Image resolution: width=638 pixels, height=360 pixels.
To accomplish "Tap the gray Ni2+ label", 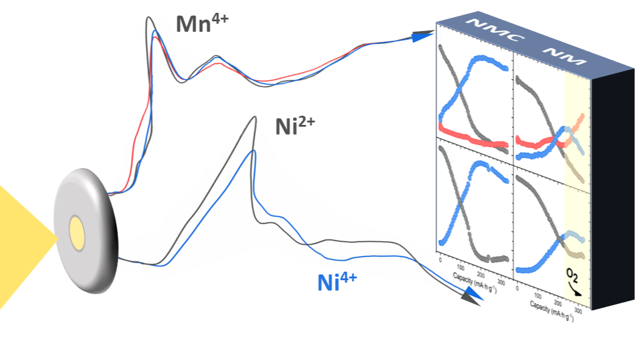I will (x=295, y=127).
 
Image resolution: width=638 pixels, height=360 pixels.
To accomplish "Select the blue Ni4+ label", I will (x=337, y=281).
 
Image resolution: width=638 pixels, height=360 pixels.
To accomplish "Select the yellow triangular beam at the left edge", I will (x=24, y=244).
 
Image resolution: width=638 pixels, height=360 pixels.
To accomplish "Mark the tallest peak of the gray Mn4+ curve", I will (x=148, y=18).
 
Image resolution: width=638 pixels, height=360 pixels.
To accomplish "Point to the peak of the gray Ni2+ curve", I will (x=254, y=118).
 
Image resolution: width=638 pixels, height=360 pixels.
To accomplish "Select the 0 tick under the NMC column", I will (x=440, y=261).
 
